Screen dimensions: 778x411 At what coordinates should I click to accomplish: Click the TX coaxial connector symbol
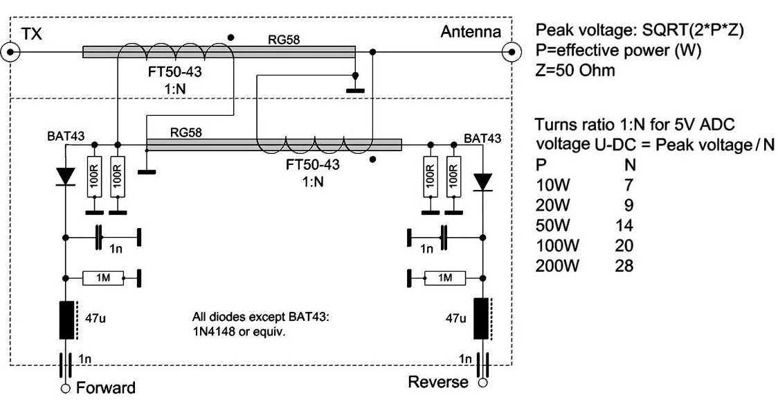coord(10,51)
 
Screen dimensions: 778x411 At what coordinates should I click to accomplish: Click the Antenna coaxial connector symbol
coord(512,51)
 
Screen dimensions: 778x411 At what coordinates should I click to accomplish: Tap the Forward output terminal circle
coord(65,388)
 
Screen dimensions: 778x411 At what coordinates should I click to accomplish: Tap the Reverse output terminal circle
coord(482,383)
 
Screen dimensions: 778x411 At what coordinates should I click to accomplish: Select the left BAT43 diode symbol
coord(65,177)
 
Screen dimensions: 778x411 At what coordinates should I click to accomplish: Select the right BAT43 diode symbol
coord(482,182)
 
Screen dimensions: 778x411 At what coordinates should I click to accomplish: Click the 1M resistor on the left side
coord(102,278)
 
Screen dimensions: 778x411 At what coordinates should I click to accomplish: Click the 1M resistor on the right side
coord(445,278)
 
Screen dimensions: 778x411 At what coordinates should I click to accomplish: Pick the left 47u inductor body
coord(66,320)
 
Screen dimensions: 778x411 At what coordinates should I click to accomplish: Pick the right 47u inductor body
coord(481,319)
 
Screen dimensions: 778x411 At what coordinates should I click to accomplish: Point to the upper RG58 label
coord(284,40)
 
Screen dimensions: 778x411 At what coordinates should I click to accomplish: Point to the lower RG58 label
coord(186,132)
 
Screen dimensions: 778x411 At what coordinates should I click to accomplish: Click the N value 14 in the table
coord(624,225)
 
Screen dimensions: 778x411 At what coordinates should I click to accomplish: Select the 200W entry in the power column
coord(557,265)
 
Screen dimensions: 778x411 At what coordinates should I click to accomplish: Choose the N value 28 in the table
coord(624,265)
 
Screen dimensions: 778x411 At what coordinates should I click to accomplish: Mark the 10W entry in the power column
coord(553,185)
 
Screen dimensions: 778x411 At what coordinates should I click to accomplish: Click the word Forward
coord(106,387)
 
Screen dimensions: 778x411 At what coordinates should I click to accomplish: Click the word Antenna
coord(471,33)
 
